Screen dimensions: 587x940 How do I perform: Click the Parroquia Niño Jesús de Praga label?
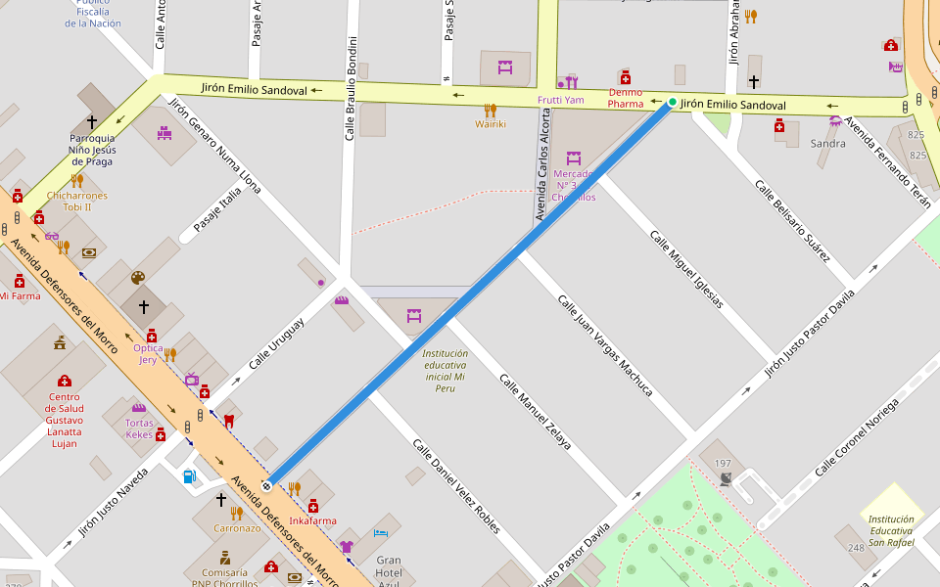click(x=92, y=149)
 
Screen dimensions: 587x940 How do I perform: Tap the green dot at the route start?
click(x=672, y=102)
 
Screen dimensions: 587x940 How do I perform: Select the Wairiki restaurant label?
click(x=491, y=124)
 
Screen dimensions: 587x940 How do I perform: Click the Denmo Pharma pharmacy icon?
click(x=625, y=77)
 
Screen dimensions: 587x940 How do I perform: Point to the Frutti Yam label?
click(x=561, y=100)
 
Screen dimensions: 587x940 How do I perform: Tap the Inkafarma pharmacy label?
click(x=313, y=521)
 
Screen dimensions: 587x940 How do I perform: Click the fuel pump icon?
click(x=189, y=476)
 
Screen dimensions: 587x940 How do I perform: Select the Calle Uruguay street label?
click(x=276, y=343)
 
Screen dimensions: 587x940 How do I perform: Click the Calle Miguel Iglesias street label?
click(x=686, y=269)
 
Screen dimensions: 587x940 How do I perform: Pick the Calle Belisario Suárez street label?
click(x=793, y=220)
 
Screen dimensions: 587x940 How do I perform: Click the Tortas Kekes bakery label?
click(x=139, y=429)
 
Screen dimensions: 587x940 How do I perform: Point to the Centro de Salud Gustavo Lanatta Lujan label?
click(x=65, y=420)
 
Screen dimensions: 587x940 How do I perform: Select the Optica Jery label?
click(x=148, y=353)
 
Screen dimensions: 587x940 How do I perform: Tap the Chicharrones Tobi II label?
click(x=76, y=201)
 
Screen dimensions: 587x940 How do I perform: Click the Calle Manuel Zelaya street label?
click(x=535, y=411)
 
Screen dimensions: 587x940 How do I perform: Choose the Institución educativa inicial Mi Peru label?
click(x=446, y=371)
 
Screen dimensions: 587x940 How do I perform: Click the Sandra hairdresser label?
click(x=828, y=143)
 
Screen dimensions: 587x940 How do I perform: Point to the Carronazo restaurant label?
click(x=238, y=527)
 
